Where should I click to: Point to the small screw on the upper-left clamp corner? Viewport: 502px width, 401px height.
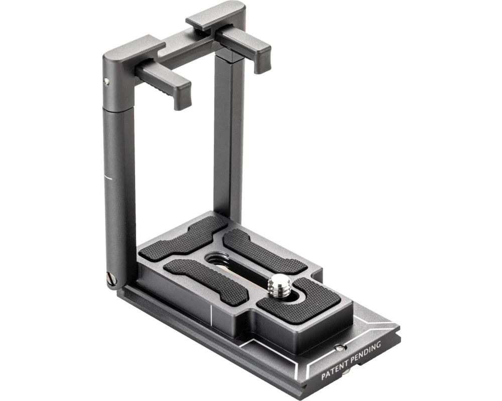(x=106, y=82)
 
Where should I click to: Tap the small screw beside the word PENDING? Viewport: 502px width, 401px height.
(x=341, y=347)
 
